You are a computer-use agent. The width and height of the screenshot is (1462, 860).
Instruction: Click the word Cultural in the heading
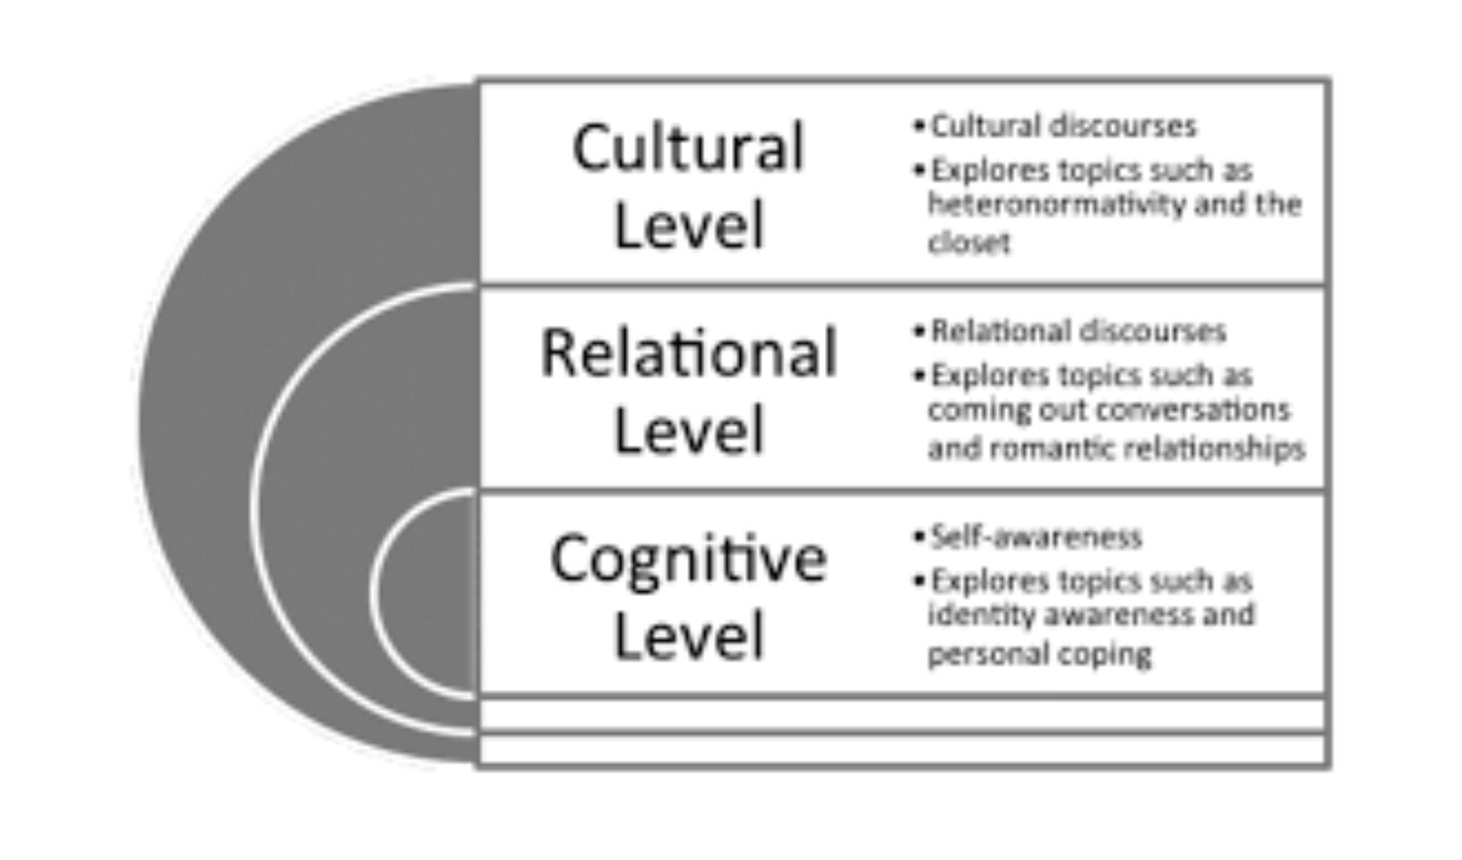[688, 148]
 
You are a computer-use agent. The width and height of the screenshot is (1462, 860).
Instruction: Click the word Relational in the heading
[688, 353]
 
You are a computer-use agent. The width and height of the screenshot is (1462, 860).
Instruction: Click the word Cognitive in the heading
[688, 559]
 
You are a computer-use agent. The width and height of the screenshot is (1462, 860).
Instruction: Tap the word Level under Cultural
[688, 225]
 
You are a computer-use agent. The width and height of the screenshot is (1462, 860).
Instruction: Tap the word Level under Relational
[688, 431]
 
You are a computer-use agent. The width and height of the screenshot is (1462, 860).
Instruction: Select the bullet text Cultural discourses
[1063, 126]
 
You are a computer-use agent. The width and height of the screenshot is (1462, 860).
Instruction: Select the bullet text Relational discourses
[1078, 331]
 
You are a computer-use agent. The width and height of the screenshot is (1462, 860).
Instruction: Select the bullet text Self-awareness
[1036, 537]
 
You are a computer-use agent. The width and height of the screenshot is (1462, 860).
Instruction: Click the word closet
[968, 243]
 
